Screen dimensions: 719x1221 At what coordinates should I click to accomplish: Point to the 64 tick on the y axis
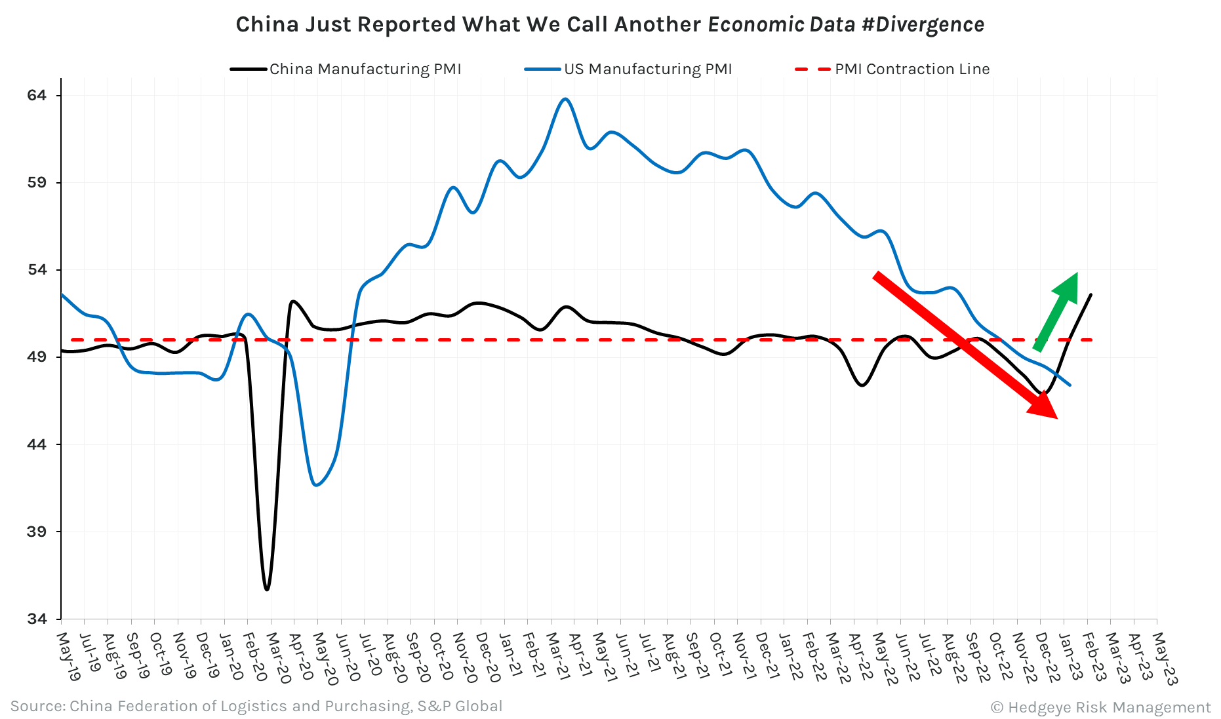point(37,95)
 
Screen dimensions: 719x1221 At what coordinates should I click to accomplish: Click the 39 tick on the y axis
point(37,532)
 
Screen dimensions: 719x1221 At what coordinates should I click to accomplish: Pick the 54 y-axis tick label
point(37,269)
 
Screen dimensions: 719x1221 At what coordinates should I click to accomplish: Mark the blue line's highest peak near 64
point(565,99)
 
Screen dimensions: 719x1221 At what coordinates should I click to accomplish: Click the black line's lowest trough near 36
point(267,589)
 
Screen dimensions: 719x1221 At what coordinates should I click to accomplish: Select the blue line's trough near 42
point(317,485)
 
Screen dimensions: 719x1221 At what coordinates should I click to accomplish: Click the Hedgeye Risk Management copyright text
point(1101,707)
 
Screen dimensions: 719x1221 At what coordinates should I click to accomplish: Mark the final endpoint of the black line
point(1091,294)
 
